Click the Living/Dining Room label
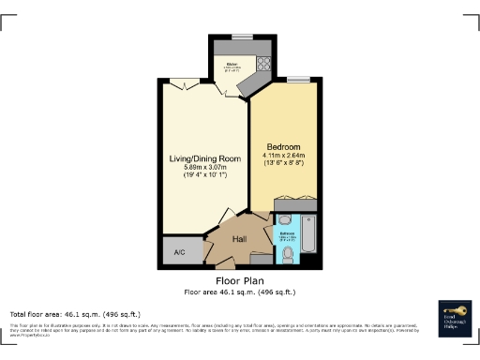204,158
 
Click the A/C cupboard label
180,251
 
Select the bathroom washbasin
284,220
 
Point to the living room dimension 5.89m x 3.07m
204,168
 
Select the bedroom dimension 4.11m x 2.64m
285,157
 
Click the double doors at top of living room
187,85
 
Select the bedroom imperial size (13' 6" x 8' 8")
285,165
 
